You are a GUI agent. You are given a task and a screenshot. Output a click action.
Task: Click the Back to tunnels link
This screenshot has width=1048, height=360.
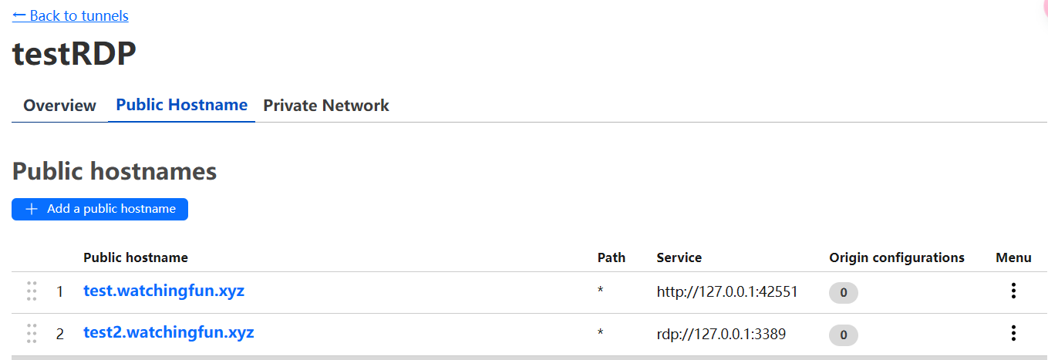tap(70, 16)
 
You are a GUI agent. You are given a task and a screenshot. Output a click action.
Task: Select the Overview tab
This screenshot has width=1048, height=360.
tap(59, 105)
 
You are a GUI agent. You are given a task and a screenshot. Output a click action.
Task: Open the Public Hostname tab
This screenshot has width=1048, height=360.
tap(181, 105)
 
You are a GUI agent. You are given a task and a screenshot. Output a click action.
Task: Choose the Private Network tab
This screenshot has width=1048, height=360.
tap(326, 105)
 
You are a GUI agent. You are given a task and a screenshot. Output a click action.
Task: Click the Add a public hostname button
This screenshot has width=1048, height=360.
tap(99, 209)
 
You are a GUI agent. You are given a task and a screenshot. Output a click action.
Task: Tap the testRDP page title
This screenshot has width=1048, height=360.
tap(74, 53)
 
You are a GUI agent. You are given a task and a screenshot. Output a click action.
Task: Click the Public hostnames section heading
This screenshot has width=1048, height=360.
tap(114, 171)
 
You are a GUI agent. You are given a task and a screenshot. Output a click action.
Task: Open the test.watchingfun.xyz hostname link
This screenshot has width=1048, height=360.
tap(163, 291)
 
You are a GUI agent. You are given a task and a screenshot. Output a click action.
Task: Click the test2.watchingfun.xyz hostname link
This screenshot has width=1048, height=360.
tap(168, 332)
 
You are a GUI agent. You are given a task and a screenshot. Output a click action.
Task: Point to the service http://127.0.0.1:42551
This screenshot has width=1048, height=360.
tap(727, 291)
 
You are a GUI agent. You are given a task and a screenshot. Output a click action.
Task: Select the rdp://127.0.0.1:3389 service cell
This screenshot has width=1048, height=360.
tap(721, 334)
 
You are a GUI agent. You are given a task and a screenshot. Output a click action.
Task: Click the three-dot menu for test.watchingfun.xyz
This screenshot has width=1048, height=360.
tap(1013, 291)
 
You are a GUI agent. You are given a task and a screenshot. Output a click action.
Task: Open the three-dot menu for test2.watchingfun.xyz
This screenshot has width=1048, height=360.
tap(1013, 333)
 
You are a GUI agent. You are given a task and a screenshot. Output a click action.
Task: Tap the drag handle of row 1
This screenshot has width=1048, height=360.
tap(32, 291)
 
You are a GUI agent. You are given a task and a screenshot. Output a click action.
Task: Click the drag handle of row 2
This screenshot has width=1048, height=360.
tap(32, 333)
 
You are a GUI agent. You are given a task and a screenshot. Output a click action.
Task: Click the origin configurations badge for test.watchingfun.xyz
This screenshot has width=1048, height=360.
tap(843, 293)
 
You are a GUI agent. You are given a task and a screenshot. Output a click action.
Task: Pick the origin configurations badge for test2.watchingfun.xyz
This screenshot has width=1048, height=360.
tap(843, 335)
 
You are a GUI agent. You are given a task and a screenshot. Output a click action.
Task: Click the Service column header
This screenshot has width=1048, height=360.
tap(679, 257)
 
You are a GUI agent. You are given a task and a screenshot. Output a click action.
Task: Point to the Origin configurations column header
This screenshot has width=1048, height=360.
tap(897, 257)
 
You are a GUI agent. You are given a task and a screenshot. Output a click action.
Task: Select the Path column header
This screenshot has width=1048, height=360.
tap(611, 257)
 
